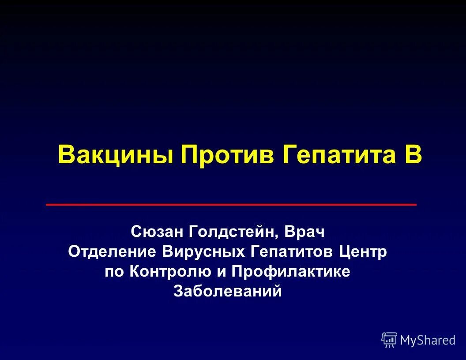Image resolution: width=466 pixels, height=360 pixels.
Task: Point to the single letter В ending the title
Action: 413,155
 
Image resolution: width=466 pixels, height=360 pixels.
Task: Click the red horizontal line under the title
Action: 231,205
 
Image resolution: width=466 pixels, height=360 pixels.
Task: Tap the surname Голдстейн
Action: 233,231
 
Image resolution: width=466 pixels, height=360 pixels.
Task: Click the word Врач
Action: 304,231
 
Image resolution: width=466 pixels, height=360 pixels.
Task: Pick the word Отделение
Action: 112,252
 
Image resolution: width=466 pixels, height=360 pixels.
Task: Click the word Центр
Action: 363,252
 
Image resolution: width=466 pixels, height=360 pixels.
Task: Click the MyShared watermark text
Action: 427,340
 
